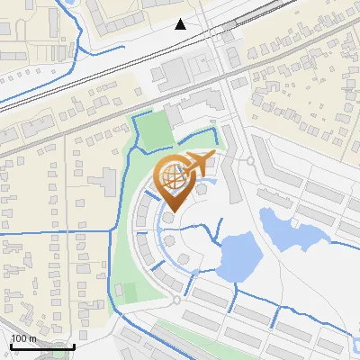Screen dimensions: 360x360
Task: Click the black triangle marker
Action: coord(181,24)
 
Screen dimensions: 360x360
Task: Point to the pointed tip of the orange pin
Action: coord(171,211)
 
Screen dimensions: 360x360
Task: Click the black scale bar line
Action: coord(42,346)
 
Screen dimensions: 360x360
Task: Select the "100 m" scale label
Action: coord(24,338)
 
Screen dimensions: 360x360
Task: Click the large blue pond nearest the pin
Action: coord(236,256)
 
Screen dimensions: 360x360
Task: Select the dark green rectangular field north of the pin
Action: coord(152,131)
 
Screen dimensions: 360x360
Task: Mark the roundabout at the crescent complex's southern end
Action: coord(175,301)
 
